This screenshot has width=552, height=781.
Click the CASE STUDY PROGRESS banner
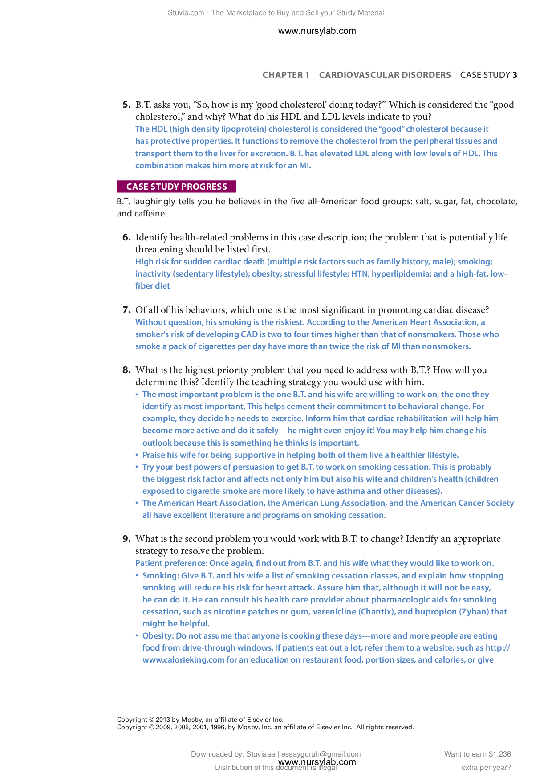pos(176,187)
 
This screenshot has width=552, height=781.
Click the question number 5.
pos(126,105)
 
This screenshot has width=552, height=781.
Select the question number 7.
pos(126,310)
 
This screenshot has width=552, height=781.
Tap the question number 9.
pos(126,539)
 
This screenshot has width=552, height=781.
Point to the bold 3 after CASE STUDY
pos(515,75)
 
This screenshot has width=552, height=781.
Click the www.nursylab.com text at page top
pos(317,31)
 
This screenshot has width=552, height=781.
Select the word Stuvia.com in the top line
pos(186,13)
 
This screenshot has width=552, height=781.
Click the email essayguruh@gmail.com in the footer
pos(321,754)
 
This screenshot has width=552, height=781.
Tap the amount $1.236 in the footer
pos(499,754)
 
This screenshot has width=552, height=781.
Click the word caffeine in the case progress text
pos(150,214)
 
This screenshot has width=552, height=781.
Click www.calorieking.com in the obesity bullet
pos(183,660)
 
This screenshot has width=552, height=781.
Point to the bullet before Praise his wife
pos(137,455)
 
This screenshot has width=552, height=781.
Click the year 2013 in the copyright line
pos(163,720)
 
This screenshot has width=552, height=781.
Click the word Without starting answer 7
pos(151,322)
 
